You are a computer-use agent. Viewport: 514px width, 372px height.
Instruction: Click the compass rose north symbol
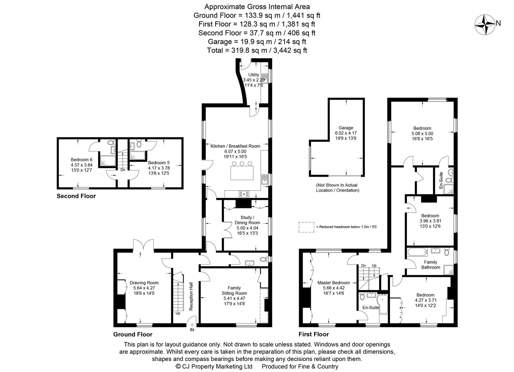click(x=485, y=24)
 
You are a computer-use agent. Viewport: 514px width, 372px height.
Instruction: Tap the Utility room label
click(x=254, y=75)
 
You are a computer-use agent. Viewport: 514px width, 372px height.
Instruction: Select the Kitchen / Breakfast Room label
click(x=235, y=146)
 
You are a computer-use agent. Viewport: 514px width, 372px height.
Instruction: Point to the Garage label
click(x=346, y=128)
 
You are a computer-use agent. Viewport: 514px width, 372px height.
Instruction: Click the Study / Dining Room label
click(x=247, y=220)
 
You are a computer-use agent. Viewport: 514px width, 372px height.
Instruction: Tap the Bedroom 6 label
click(x=82, y=159)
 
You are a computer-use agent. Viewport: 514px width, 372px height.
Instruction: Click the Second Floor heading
click(x=76, y=196)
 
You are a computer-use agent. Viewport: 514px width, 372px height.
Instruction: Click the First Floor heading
click(x=313, y=334)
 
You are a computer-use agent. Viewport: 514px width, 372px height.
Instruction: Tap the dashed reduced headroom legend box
click(x=306, y=227)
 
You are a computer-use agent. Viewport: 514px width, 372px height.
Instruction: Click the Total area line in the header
click(x=257, y=50)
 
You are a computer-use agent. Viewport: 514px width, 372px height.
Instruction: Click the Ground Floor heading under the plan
click(x=133, y=334)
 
